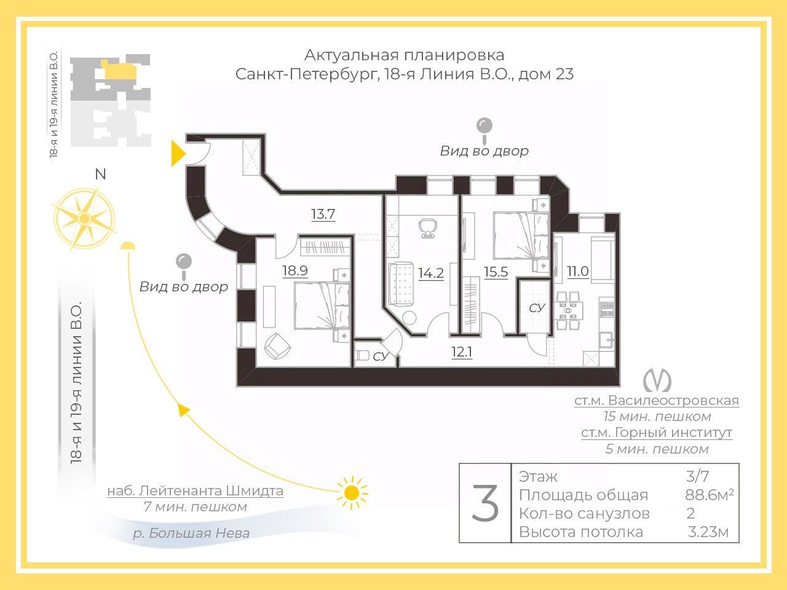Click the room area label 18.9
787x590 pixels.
coord(295,270)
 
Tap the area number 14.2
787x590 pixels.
coord(430,273)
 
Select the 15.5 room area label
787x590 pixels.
coord(496,272)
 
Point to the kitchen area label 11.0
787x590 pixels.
coord(577,271)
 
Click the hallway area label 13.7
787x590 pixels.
coord(323,214)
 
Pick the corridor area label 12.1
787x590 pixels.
coord(462,352)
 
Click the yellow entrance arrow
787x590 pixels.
coord(178,154)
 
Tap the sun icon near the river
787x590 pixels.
coord(352,492)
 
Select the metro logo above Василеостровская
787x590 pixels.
coord(657,380)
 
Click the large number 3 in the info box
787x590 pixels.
coord(484,503)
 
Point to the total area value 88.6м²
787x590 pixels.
coord(709,495)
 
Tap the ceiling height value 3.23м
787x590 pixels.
coord(708,532)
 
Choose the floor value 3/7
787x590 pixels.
coord(697,476)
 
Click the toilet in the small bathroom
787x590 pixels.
coord(362,355)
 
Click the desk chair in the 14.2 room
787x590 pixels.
coord(428,229)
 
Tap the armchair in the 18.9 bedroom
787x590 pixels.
coord(277,346)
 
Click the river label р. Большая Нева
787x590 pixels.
coord(191,533)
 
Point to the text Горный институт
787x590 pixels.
coord(673,433)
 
